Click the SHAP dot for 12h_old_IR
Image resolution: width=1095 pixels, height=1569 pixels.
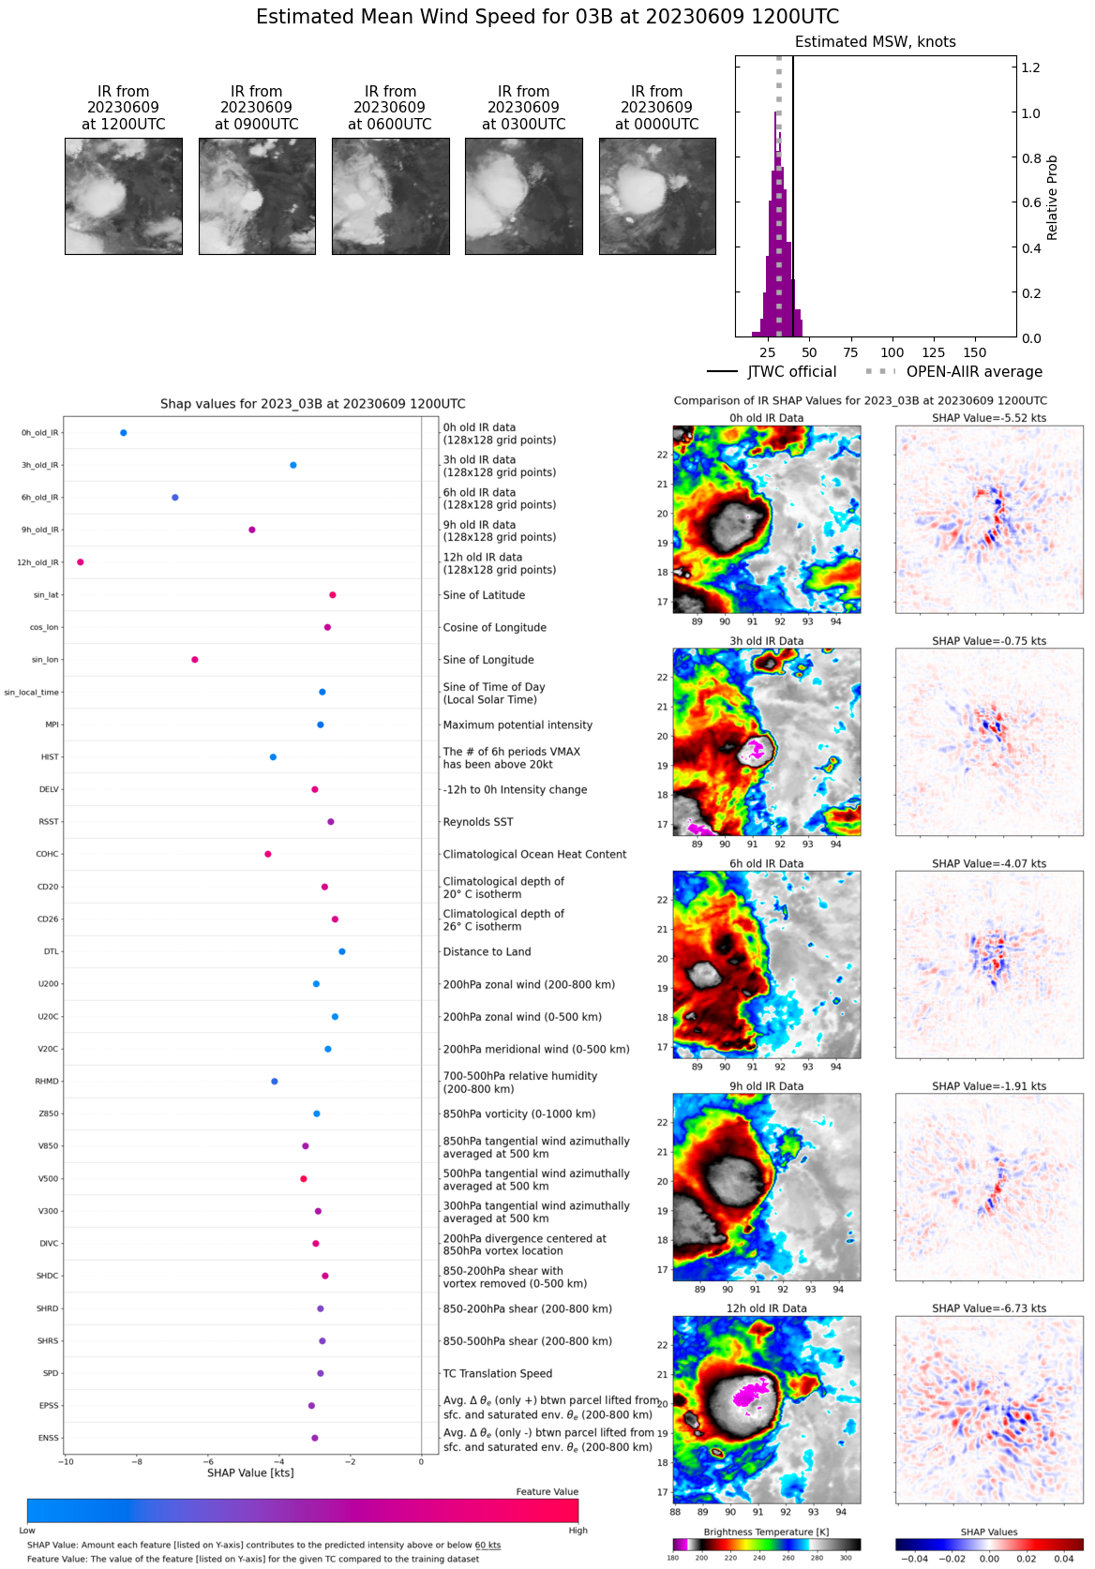pyautogui.click(x=81, y=562)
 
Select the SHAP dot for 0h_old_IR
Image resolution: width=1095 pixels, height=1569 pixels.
pyautogui.click(x=124, y=433)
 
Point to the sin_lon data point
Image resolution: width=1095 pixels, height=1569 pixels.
pyautogui.click(x=195, y=660)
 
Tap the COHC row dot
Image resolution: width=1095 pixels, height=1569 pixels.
pyautogui.click(x=268, y=854)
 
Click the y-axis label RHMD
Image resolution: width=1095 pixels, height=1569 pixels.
pyautogui.click(x=47, y=1082)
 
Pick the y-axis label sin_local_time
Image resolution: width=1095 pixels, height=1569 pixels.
pyautogui.click(x=32, y=693)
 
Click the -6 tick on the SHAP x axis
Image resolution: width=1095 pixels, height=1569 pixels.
pyautogui.click(x=208, y=1462)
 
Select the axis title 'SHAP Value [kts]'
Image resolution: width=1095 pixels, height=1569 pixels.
pyautogui.click(x=250, y=1472)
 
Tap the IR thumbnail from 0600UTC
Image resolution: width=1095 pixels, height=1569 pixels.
pyautogui.click(x=390, y=196)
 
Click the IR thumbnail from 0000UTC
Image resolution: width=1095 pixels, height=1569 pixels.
pyautogui.click(x=657, y=196)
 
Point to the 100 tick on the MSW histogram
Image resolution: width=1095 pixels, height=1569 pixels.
pyautogui.click(x=892, y=352)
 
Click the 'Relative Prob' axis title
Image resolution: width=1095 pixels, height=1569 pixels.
pyautogui.click(x=1052, y=198)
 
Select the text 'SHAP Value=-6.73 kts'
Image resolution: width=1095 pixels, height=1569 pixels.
pyautogui.click(x=989, y=1308)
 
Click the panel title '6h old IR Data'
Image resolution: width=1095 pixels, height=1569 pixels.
pyautogui.click(x=767, y=864)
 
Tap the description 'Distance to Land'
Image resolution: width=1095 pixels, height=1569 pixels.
pyautogui.click(x=487, y=952)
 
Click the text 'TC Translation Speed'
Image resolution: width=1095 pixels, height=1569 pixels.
pyautogui.click(x=498, y=1374)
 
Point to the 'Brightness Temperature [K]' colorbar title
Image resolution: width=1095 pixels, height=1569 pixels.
pyautogui.click(x=767, y=1532)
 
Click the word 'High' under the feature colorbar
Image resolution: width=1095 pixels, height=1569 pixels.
pyautogui.click(x=577, y=1531)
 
